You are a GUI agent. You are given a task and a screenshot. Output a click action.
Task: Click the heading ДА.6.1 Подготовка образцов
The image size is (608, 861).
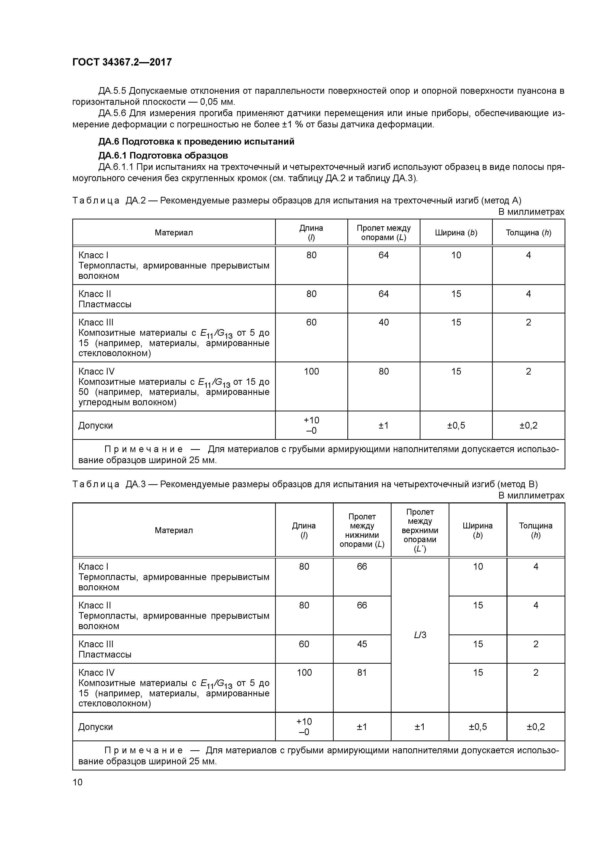(163, 155)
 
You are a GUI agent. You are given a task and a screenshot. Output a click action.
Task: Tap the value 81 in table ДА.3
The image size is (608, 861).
(362, 672)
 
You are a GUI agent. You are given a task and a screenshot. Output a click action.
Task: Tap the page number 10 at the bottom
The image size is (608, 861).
(77, 782)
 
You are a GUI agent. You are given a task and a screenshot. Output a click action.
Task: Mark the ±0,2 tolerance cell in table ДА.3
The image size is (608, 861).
(535, 727)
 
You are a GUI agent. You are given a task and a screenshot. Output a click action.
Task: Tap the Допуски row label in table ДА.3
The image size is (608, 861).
(96, 727)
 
